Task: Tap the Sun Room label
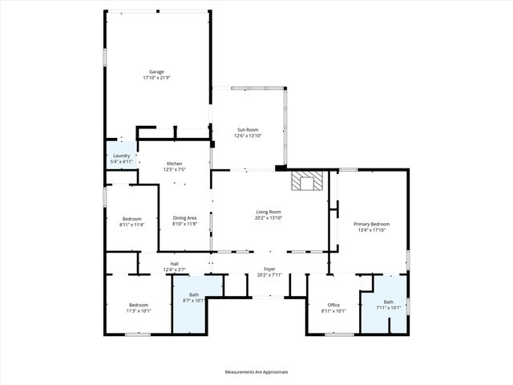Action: [247, 129]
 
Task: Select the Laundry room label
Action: [122, 156]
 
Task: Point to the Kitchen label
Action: [175, 164]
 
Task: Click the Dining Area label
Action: [185, 218]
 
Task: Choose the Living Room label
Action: [269, 212]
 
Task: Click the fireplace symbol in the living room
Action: [305, 182]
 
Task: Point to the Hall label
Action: [175, 263]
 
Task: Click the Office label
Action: [333, 305]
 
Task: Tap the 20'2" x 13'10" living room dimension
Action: [269, 217]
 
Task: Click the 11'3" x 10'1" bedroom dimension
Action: [139, 310]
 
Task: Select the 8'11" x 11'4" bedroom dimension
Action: [131, 225]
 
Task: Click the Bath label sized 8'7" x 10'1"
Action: [194, 295]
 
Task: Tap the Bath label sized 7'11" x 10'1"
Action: [388, 302]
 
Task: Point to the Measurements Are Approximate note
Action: [256, 372]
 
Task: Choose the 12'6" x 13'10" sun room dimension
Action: [247, 135]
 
